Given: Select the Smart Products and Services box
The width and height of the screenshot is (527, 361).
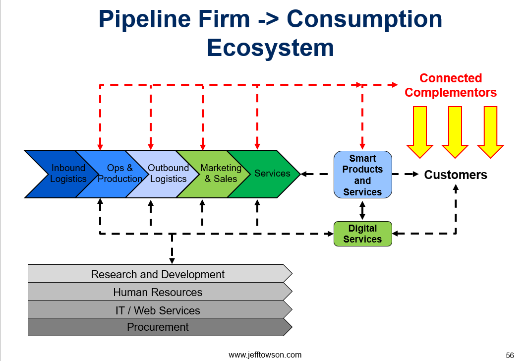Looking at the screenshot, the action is [362, 175].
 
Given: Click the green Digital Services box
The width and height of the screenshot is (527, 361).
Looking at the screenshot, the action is [362, 234].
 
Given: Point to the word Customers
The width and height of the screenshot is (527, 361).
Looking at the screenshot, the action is [456, 175].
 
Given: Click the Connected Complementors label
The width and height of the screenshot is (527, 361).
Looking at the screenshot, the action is [450, 85].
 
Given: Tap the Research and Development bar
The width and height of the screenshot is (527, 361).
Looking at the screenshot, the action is [160, 274].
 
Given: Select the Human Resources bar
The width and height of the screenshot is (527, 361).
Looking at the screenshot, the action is [160, 292].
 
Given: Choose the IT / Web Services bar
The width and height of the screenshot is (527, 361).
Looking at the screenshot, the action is [160, 309].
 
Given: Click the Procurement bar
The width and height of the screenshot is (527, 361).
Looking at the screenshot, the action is [160, 327].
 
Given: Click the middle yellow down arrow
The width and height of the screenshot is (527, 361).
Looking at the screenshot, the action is [455, 132].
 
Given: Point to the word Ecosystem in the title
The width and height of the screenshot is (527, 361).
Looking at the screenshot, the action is [270, 48].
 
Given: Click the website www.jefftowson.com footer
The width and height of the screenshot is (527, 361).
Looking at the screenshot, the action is [265, 355].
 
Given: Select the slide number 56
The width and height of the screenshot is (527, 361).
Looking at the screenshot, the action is [510, 355].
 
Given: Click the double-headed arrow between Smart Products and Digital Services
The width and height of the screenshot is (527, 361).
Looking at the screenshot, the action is [362, 210].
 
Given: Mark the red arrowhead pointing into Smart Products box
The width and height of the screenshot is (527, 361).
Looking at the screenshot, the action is [362, 147].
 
